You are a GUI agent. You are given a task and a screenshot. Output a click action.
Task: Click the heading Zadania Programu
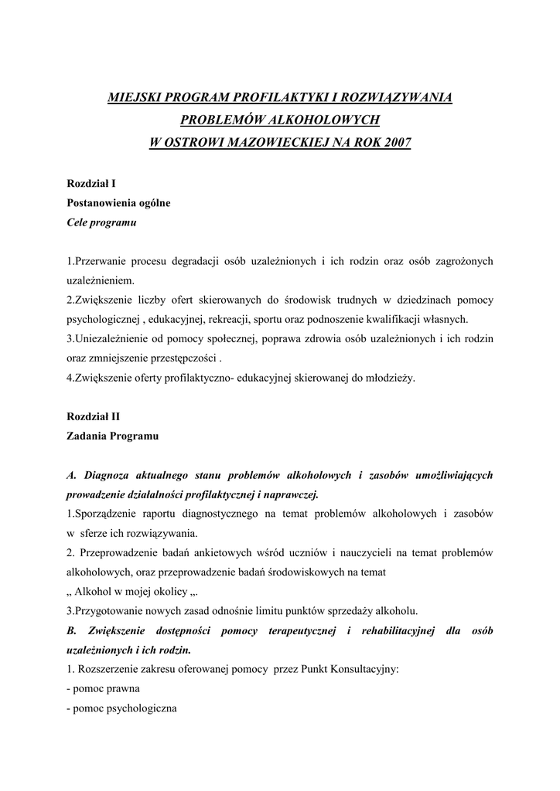(113, 436)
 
